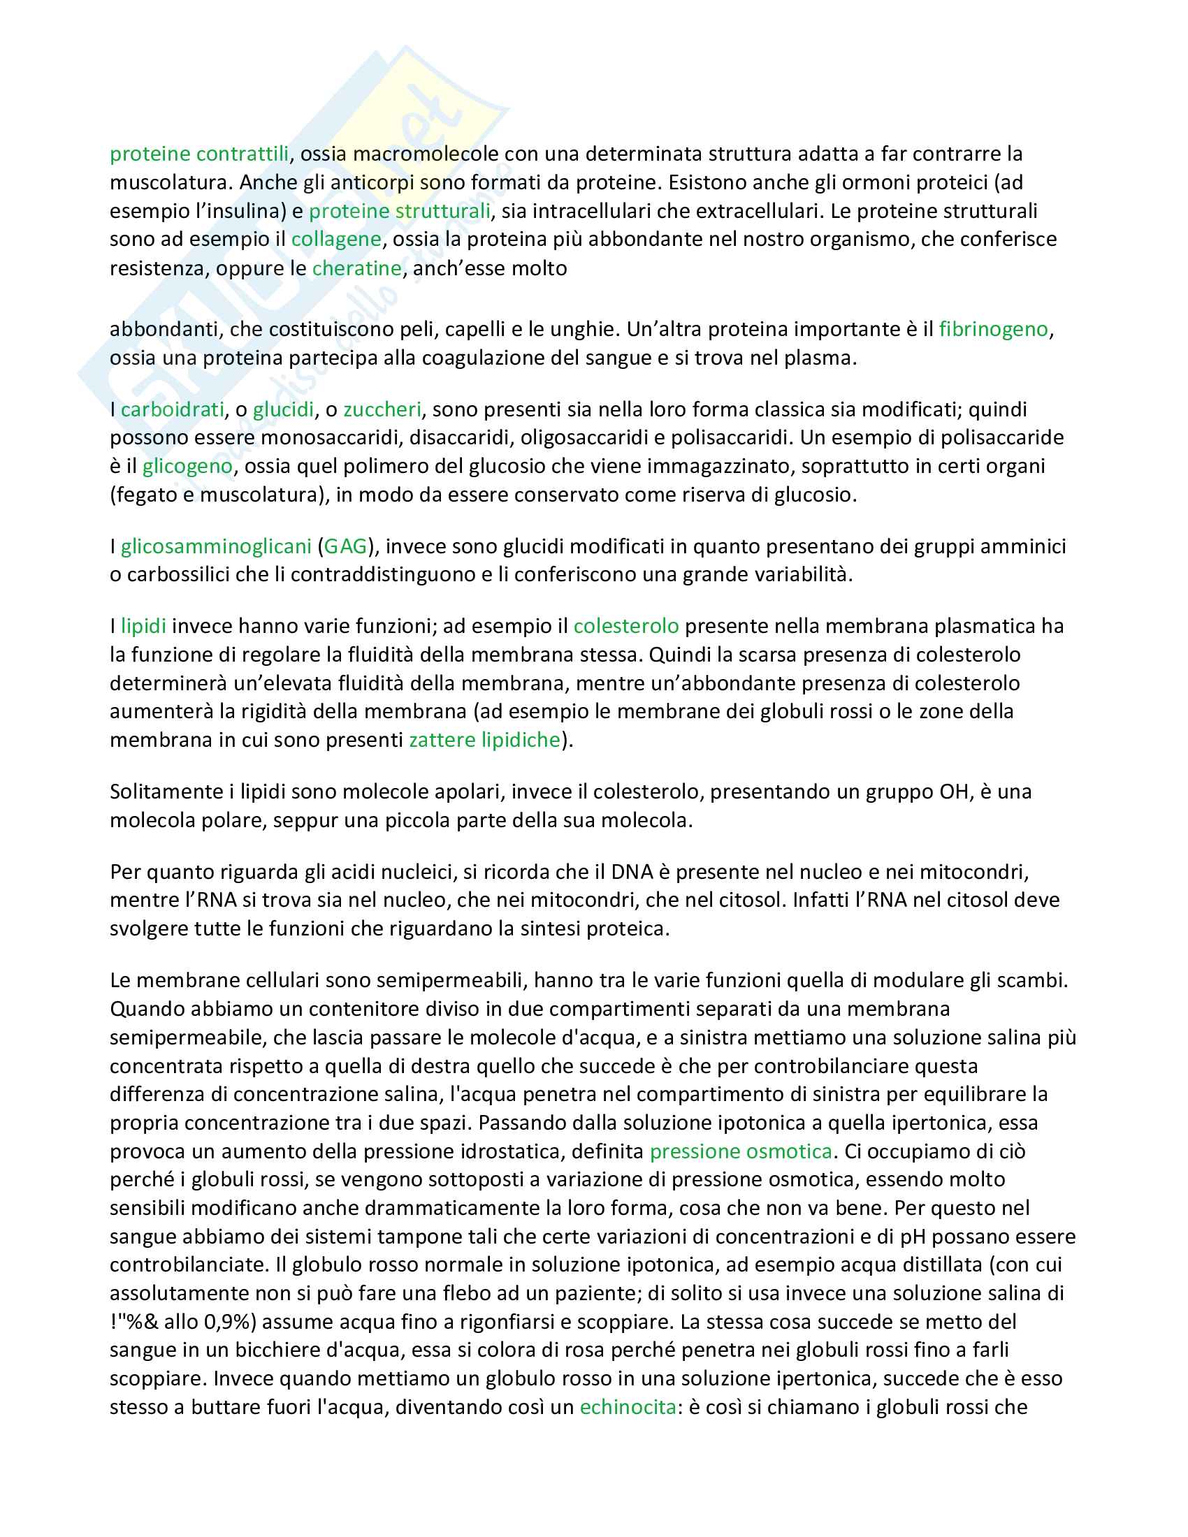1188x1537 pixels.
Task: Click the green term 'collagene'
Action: pyautogui.click(x=335, y=239)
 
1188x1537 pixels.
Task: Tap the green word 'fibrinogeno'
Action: pyautogui.click(x=993, y=329)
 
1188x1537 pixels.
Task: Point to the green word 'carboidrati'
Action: pyautogui.click(x=173, y=409)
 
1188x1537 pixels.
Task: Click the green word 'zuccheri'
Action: pyautogui.click(x=382, y=409)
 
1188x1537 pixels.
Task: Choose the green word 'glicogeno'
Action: pyautogui.click(x=187, y=466)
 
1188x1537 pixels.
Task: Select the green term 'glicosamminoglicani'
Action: pyautogui.click(x=216, y=546)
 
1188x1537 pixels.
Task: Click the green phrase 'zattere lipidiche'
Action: pyautogui.click(x=484, y=740)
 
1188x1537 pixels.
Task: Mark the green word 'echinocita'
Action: pyautogui.click(x=628, y=1407)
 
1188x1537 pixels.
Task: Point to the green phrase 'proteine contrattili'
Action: pyautogui.click(x=199, y=154)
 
